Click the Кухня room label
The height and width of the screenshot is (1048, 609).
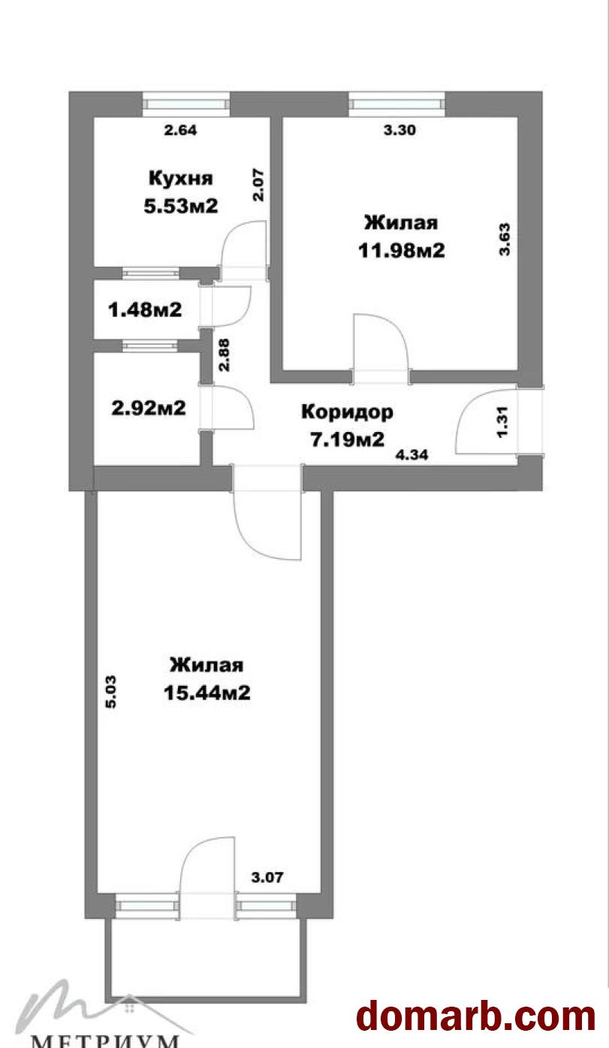click(180, 178)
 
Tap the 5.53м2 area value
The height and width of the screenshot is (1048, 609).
click(180, 206)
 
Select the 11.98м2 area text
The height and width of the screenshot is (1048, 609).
click(401, 251)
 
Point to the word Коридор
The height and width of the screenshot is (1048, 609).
click(347, 412)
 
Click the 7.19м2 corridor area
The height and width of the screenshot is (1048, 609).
click(348, 439)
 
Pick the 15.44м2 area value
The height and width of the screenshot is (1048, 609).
click(207, 693)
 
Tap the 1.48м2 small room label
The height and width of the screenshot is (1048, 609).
click(145, 310)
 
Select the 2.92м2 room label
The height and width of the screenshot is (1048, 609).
click(149, 408)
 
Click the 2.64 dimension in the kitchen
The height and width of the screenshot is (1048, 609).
click(180, 130)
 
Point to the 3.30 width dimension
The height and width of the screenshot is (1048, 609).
click(399, 130)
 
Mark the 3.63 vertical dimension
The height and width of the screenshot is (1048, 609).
click(505, 239)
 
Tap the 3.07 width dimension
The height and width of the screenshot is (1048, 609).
click(267, 877)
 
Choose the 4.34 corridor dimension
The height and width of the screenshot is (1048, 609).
click(412, 455)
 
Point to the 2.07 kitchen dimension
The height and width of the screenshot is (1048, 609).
click(258, 186)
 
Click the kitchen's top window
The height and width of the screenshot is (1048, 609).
click(186, 104)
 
